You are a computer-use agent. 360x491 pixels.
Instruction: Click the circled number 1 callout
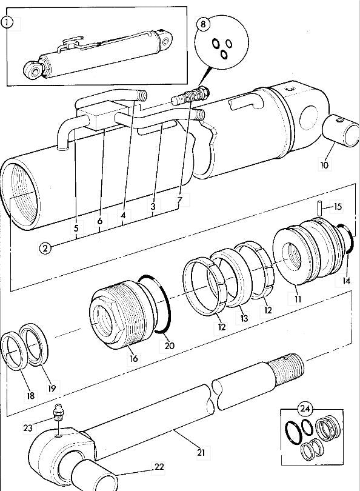pyautogui.click(x=7, y=23)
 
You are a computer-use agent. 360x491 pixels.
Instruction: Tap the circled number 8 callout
pyautogui.click(x=204, y=25)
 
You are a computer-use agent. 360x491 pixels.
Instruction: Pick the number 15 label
pyautogui.click(x=338, y=207)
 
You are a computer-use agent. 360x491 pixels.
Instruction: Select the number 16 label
pyautogui.click(x=133, y=358)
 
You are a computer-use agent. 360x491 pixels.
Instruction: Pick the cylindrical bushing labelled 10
pyautogui.click(x=341, y=130)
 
